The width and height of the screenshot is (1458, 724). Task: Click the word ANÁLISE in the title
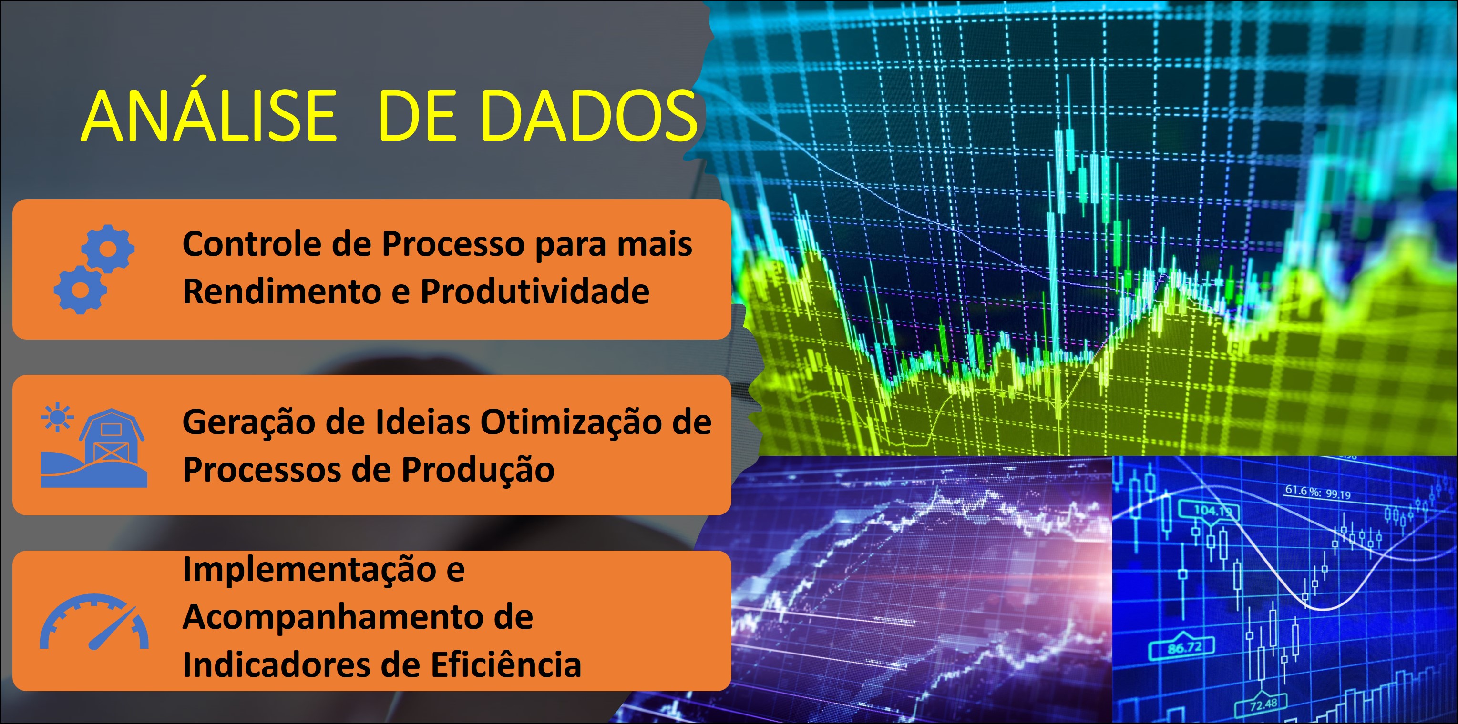209,116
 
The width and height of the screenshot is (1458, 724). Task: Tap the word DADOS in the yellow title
589,116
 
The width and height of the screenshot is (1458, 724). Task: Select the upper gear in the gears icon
108,249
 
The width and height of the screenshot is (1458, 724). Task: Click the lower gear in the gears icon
81,290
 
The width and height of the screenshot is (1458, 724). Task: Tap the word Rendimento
281,292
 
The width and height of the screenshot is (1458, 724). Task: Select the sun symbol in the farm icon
57,417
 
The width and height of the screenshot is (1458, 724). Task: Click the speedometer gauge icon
94,622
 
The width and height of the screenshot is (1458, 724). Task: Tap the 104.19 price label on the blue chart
1208,511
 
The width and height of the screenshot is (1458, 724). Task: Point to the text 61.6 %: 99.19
1317,492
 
